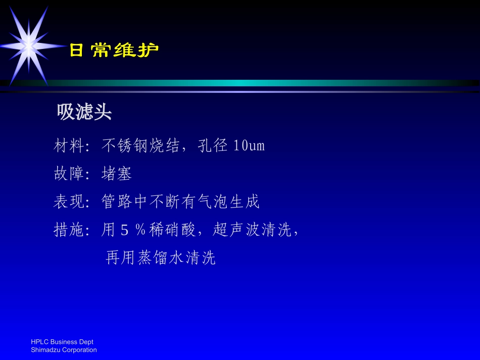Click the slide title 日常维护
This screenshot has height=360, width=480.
pyautogui.click(x=114, y=50)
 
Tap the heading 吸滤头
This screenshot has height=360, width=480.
pyautogui.click(x=84, y=112)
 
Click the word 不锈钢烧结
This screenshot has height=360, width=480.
pyautogui.click(x=140, y=146)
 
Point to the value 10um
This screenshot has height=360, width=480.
pyautogui.click(x=249, y=146)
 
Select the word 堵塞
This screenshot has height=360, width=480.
pyautogui.click(x=117, y=174)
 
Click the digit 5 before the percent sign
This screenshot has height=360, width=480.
pyautogui.click(x=125, y=230)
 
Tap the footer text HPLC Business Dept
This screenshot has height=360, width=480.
pyautogui.click(x=62, y=342)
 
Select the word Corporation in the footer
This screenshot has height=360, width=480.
pyautogui.click(x=79, y=350)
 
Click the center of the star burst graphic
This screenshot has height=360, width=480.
pyautogui.click(x=28, y=46)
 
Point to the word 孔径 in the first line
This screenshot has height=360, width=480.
pyautogui.click(x=215, y=146)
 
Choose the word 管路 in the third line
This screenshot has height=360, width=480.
pyautogui.click(x=117, y=202)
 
